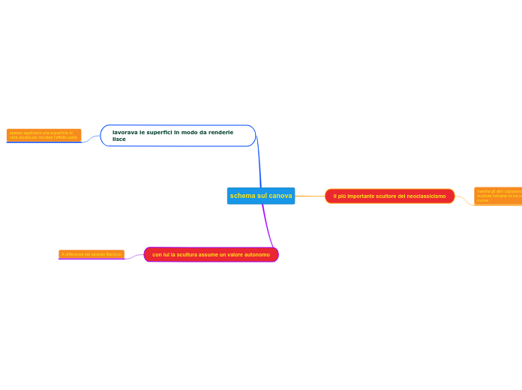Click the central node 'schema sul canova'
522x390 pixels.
261,196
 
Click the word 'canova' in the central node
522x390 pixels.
280,196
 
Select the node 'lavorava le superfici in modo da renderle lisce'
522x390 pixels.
178,136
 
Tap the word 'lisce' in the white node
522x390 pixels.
119,139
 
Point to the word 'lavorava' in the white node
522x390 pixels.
124,132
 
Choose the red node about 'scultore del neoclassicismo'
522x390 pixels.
389,196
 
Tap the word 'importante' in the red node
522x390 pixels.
363,196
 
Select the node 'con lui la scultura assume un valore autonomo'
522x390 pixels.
211,255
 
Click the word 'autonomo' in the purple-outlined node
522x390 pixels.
256,255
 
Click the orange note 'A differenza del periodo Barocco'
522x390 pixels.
91,254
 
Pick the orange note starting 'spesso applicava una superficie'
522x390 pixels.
43,135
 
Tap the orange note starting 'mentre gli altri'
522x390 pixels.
498,196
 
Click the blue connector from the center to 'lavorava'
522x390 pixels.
259,161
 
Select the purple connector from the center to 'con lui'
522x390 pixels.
267,225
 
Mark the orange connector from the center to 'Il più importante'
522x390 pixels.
310,196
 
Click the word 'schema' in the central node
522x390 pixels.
242,196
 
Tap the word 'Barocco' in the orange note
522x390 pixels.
113,254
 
